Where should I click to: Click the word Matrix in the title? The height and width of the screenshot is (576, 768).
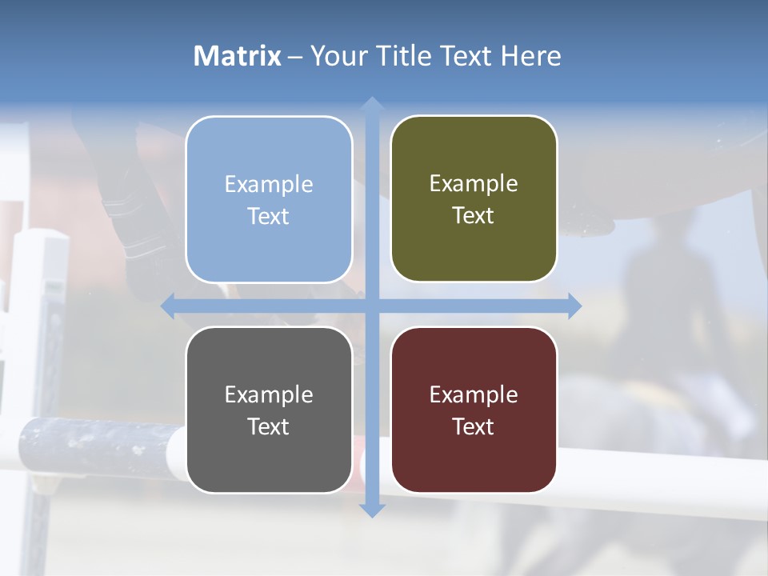coord(238,56)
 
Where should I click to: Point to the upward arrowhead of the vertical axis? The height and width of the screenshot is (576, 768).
coord(371,104)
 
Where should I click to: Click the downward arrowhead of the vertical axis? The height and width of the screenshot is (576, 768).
coord(371,510)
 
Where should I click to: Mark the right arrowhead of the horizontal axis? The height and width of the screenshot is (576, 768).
coord(574,306)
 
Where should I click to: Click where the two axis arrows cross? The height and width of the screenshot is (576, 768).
coord(371,306)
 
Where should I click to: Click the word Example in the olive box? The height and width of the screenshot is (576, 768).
coord(474,184)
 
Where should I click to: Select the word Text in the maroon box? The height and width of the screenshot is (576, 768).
coord(474,426)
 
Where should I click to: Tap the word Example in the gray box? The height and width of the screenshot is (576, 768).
coord(269,394)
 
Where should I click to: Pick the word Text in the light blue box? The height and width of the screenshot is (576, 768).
coord(269,216)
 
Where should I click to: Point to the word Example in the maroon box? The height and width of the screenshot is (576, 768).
coord(474,394)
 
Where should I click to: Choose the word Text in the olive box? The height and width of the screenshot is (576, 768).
coord(474,216)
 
